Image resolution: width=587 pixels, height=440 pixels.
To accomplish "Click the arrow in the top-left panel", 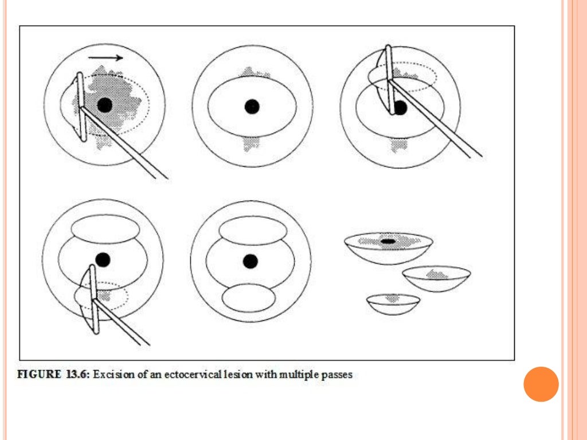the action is (105, 57).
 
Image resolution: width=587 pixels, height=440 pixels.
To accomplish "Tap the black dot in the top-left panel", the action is (104, 105).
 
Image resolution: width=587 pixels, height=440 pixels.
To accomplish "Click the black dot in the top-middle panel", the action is (252, 106).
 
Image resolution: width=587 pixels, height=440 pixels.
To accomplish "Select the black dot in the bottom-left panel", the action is (103, 260).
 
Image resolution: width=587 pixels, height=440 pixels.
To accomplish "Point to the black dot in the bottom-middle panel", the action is (250, 261).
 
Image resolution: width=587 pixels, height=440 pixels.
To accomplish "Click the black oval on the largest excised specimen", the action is (388, 241).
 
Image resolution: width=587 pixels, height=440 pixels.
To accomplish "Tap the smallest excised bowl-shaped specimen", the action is (393, 302).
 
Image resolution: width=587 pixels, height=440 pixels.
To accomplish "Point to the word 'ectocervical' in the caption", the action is (202, 375).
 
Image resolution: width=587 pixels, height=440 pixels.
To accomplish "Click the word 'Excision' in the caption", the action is (112, 375).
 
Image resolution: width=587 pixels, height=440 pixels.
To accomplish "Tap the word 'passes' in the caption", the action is (338, 375).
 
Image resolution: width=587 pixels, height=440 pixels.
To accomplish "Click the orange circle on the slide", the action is (541, 384).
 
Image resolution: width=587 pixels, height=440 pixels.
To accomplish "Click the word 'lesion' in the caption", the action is (244, 375).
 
